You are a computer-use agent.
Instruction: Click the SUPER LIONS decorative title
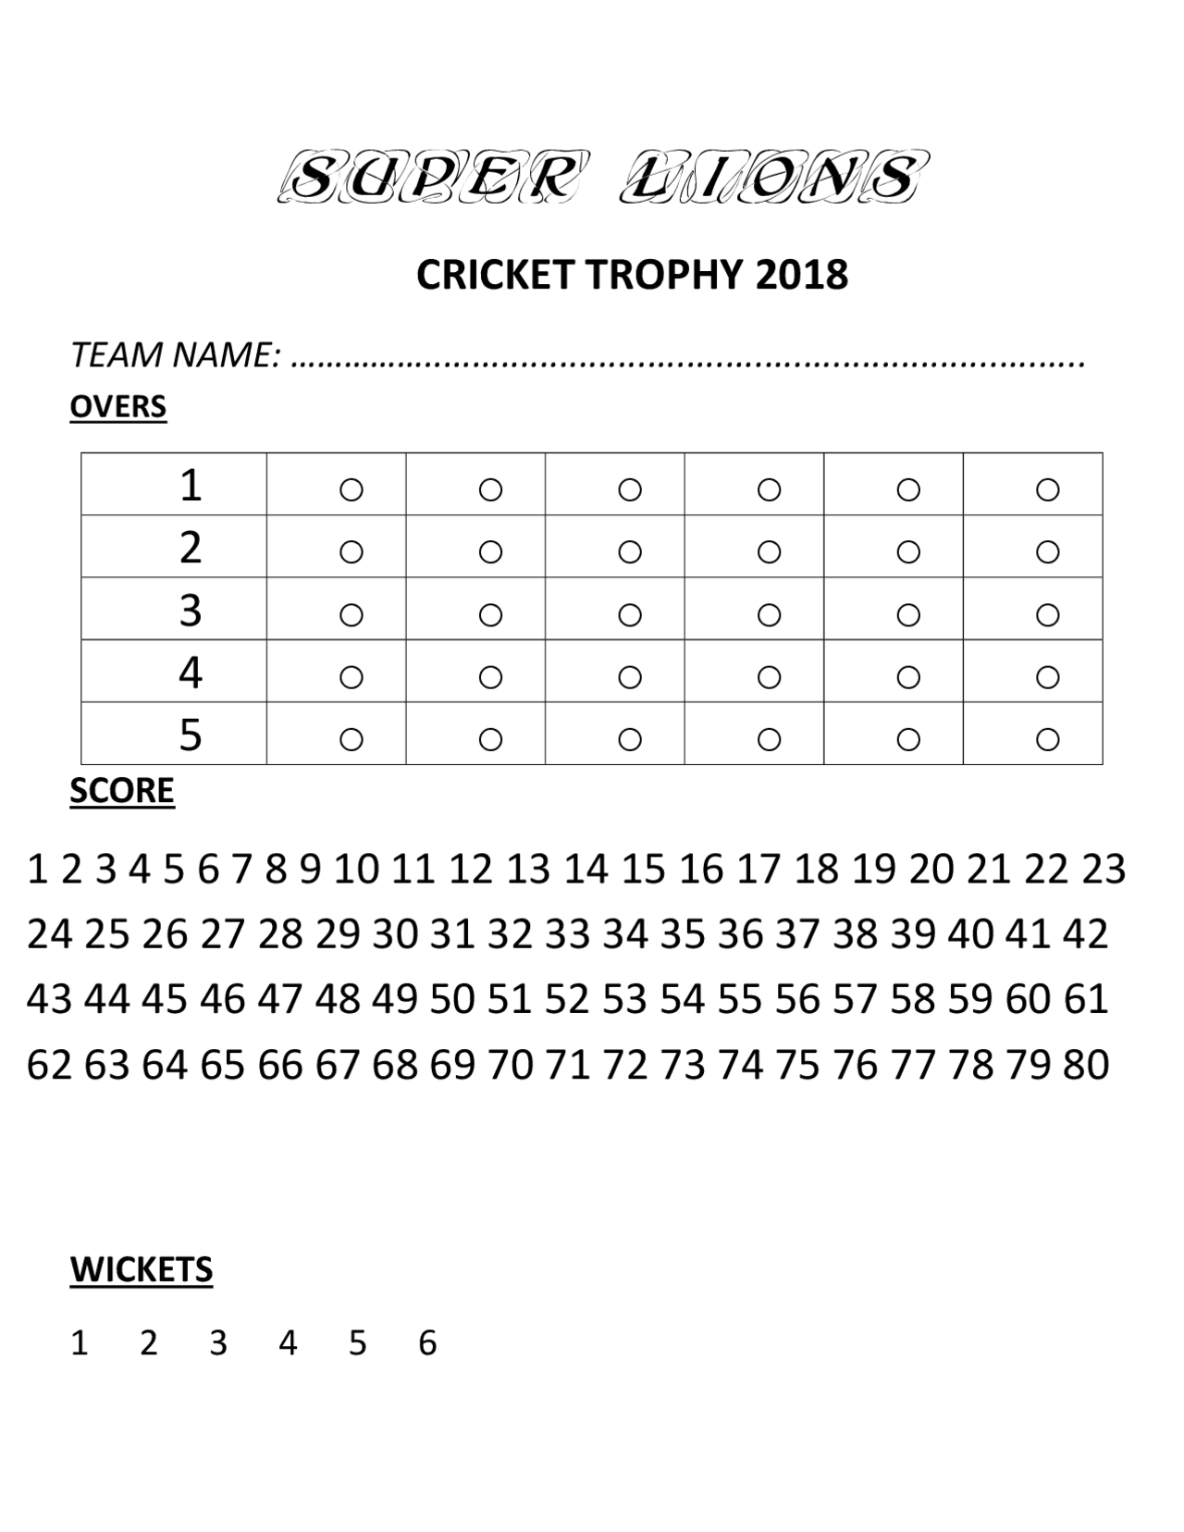pos(601,177)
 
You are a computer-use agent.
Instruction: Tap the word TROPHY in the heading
pos(664,275)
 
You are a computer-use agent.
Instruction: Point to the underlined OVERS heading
pos(117,407)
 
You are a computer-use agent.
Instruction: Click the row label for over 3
pos(190,611)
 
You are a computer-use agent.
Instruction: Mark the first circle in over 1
pos(351,488)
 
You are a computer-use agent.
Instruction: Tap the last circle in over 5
pos(1047,739)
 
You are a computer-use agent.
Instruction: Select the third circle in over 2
pos(629,551)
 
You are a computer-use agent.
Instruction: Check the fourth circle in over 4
pos(769,677)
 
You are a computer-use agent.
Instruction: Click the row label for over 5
pos(190,735)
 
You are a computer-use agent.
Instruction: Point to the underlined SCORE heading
pos(121,791)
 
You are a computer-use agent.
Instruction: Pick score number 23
pos(1104,870)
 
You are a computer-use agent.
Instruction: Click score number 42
pos(1085,934)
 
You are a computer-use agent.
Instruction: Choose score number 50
pos(452,999)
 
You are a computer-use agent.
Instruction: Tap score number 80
pos(1085,1065)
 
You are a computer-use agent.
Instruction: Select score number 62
pos(49,1065)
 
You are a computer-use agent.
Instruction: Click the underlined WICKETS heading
pos(141,1270)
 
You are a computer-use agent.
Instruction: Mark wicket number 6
pos(426,1342)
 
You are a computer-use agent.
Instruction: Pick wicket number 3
pos(217,1342)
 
